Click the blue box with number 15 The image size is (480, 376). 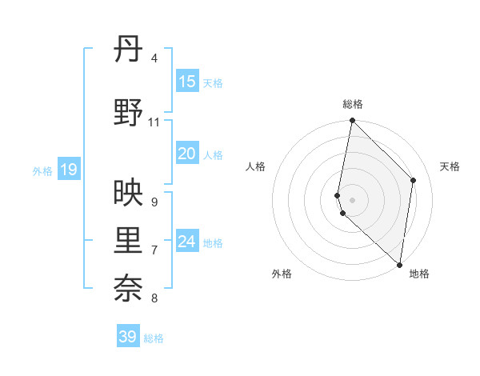[187, 82]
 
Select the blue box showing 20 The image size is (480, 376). [187, 154]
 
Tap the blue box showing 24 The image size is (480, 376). [187, 242]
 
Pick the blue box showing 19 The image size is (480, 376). [69, 170]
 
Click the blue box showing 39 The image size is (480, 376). [128, 337]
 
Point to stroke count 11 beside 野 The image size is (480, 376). [154, 122]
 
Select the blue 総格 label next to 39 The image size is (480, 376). [154, 338]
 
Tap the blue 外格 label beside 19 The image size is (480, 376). [42, 170]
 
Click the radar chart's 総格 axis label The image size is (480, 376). [353, 104]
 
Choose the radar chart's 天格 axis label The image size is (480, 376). [450, 166]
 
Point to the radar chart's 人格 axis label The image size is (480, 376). [255, 166]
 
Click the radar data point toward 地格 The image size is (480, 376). [399, 265]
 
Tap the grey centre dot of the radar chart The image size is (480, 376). [353, 200]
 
